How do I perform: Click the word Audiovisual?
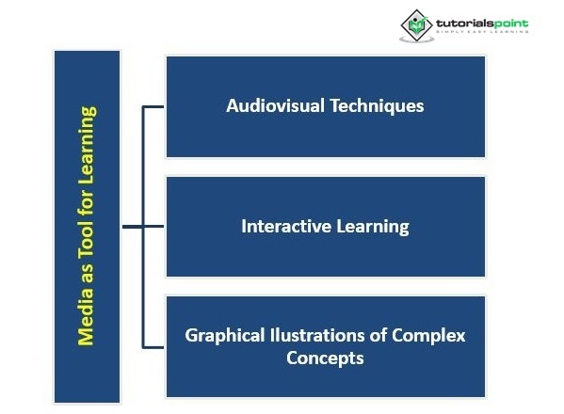tap(275, 105)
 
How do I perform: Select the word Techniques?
tap(377, 106)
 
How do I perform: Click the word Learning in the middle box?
tap(373, 227)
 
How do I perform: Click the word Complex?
tap(428, 336)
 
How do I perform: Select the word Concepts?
tap(325, 358)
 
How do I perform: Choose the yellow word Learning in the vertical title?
tap(87, 146)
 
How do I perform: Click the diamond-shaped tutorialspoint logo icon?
tap(416, 26)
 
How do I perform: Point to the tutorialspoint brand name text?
tap(482, 24)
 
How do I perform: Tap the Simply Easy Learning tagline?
tap(482, 32)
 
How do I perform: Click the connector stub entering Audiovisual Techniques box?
tap(153, 106)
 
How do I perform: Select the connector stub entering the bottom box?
tap(153, 347)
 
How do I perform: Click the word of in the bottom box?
tap(378, 335)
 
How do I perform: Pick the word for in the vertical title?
tap(87, 203)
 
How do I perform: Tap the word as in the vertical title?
tap(87, 273)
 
